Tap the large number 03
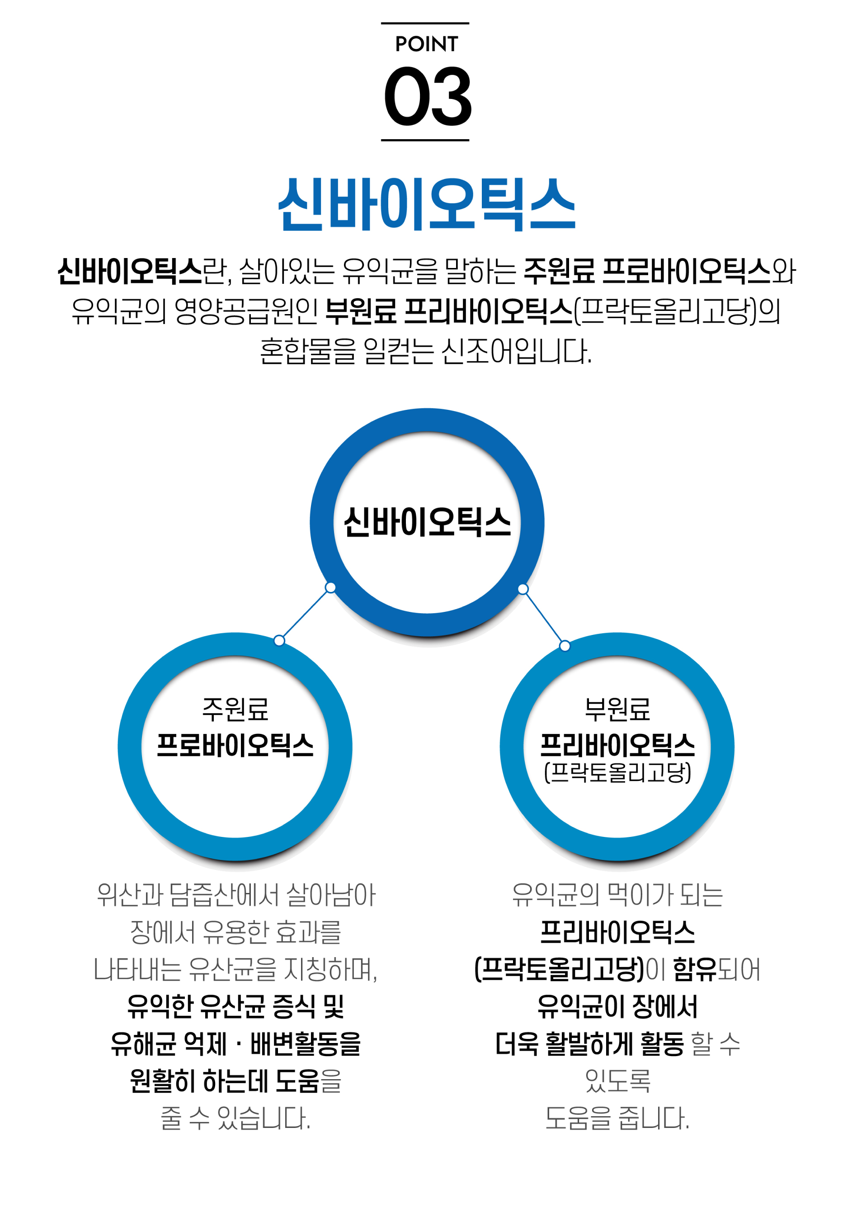pyautogui.click(x=427, y=96)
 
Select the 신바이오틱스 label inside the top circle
pyautogui.click(x=427, y=522)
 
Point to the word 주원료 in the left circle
pyautogui.click(x=235, y=709)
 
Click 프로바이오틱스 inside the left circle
pyautogui.click(x=235, y=745)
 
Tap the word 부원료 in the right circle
pyautogui.click(x=617, y=709)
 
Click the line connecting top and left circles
pyautogui.click(x=305, y=614)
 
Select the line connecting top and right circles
pyautogui.click(x=544, y=617)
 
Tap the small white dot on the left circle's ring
pyautogui.click(x=279, y=640)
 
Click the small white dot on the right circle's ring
pyautogui.click(x=565, y=646)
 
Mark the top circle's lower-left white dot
pyautogui.click(x=330, y=587)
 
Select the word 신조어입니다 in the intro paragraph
pyautogui.click(x=516, y=351)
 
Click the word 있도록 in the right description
pyautogui.click(x=617, y=1080)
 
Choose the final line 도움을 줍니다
pyautogui.click(x=617, y=1118)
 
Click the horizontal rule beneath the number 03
pyautogui.click(x=425, y=141)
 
